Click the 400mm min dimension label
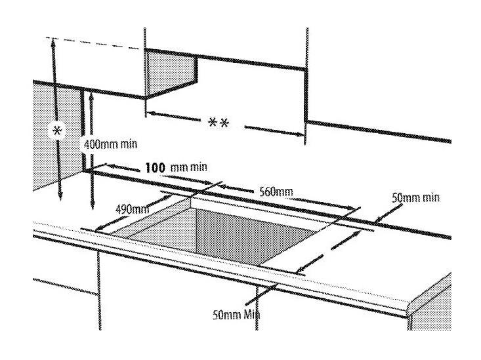(x=110, y=144)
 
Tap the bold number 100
(x=155, y=168)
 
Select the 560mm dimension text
(x=276, y=192)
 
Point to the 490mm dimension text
(x=132, y=209)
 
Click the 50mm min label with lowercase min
(x=415, y=198)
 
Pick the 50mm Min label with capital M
(x=236, y=315)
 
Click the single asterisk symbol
(x=57, y=131)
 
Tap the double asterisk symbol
(x=219, y=123)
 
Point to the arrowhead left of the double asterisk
(x=150, y=113)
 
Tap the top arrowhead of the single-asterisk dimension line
(x=53, y=42)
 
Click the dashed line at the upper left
(x=95, y=43)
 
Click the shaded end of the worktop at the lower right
(x=431, y=302)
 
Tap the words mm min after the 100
(x=188, y=167)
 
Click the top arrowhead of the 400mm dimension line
(x=91, y=97)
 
